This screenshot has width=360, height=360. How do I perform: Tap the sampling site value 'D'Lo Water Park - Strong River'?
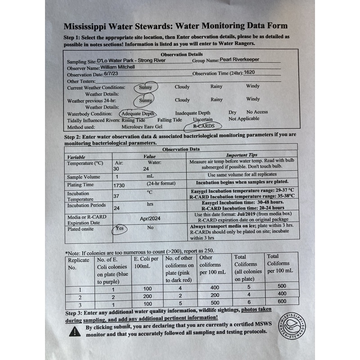click(x=128, y=60)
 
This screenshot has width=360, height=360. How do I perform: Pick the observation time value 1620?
click(x=250, y=72)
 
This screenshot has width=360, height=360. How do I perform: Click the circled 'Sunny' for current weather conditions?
click(x=145, y=87)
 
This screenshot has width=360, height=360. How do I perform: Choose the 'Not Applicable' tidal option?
click(x=244, y=119)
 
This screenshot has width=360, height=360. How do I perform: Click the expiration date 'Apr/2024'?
click(x=149, y=218)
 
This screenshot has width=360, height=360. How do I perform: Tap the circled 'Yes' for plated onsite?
click(x=120, y=228)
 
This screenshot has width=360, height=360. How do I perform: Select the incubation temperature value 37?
click(x=117, y=196)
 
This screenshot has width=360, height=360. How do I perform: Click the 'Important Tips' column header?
click(x=243, y=155)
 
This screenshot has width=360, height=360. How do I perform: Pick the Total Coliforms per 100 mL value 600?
click(x=282, y=301)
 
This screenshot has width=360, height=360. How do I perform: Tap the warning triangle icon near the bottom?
click(x=75, y=332)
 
